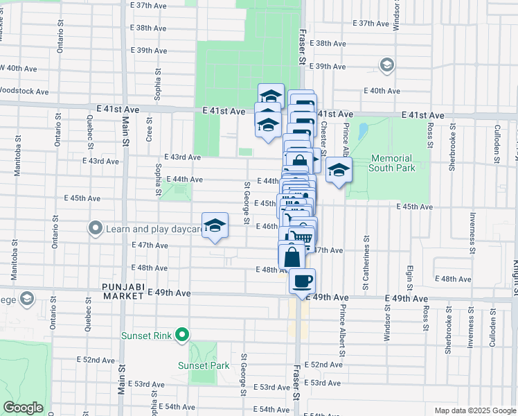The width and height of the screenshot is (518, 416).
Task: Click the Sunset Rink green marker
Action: point(182,336)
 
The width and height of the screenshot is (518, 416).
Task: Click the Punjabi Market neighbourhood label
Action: point(126,291)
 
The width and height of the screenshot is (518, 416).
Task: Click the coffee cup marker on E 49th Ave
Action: point(302,281)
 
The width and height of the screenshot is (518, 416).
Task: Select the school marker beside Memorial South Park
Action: point(339,170)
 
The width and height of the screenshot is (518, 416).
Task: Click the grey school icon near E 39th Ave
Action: point(386,66)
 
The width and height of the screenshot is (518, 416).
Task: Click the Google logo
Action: point(23,408)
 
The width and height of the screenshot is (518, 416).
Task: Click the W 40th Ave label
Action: point(18,68)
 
